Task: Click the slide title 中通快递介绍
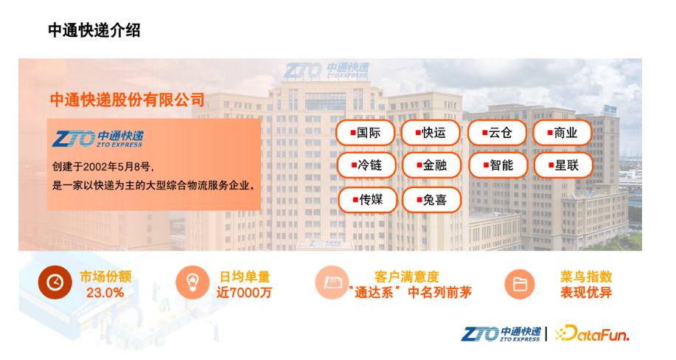94,30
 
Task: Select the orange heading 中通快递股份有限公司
128,100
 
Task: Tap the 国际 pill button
365,133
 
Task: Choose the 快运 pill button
431,133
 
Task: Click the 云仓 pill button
497,133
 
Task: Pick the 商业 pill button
562,133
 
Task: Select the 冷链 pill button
366,165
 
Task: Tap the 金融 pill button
431,165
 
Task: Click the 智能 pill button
498,165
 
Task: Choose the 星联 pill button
563,165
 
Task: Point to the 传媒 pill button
368,200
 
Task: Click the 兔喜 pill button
431,200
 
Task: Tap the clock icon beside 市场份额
55,283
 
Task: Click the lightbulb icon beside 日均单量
192,283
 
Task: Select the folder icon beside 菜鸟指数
520,285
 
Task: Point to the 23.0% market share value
105,293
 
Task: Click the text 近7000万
244,293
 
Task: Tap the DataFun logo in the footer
592,333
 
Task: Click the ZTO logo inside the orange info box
98,139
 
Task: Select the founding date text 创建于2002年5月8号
103,167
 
